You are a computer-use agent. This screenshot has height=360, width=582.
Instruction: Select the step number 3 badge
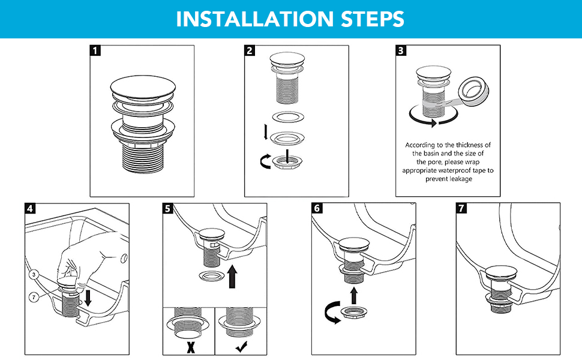click(401, 51)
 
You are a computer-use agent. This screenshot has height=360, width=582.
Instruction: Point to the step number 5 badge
click(169, 209)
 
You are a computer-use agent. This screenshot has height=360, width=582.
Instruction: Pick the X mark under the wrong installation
click(189, 346)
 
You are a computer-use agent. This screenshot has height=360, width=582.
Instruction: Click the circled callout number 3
click(35, 274)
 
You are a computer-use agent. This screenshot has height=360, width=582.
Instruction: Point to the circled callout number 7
click(35, 297)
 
